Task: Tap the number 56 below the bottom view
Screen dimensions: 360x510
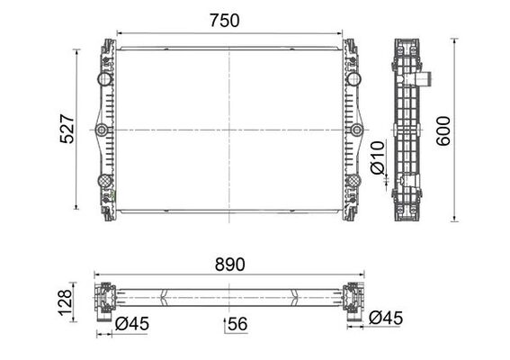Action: tap(237, 324)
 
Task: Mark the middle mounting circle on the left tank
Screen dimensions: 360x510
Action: tap(102, 131)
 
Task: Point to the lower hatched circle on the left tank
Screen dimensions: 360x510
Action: tap(105, 182)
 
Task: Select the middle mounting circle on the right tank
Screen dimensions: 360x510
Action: tap(357, 131)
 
